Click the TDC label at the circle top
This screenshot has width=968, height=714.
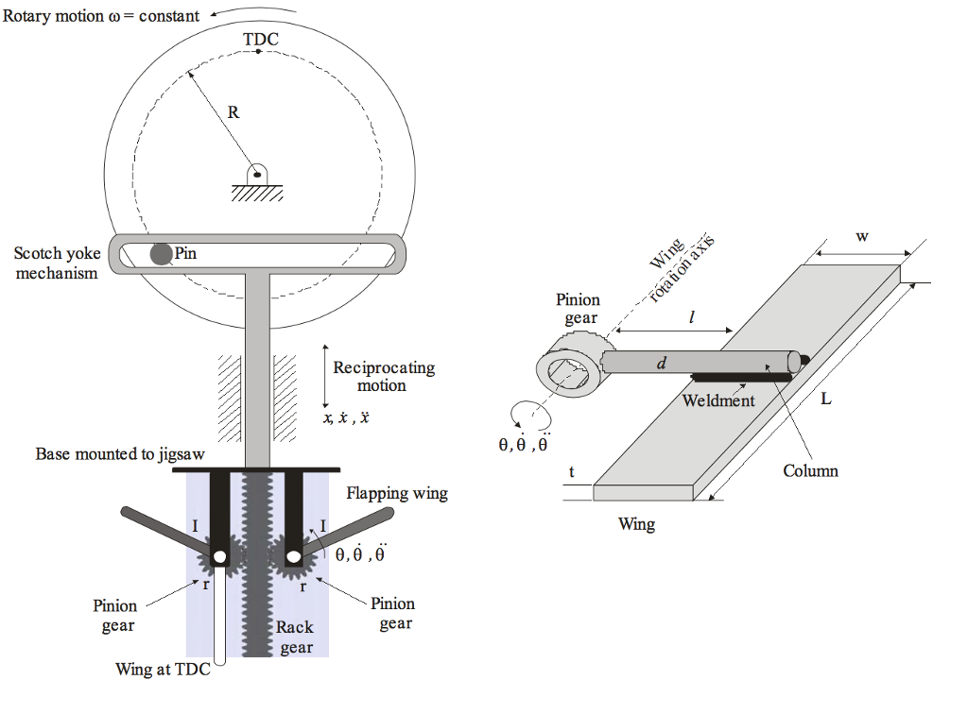pos(260,39)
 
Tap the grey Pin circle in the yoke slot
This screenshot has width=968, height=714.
pos(162,253)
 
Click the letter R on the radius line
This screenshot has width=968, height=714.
pos(233,112)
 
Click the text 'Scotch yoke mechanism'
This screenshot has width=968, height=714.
pos(56,263)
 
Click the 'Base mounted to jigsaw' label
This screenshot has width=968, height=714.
pos(120,453)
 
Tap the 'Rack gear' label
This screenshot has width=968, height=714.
pos(296,637)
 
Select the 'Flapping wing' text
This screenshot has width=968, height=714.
pos(396,493)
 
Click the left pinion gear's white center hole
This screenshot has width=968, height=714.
pos(219,557)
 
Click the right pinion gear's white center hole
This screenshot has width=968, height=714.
pos(292,557)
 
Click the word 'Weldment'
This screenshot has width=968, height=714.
pos(718,400)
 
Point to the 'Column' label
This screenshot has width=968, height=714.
pos(810,470)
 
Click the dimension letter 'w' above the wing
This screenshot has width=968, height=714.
pos(862,237)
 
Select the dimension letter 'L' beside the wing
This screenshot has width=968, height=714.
pos(825,399)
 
